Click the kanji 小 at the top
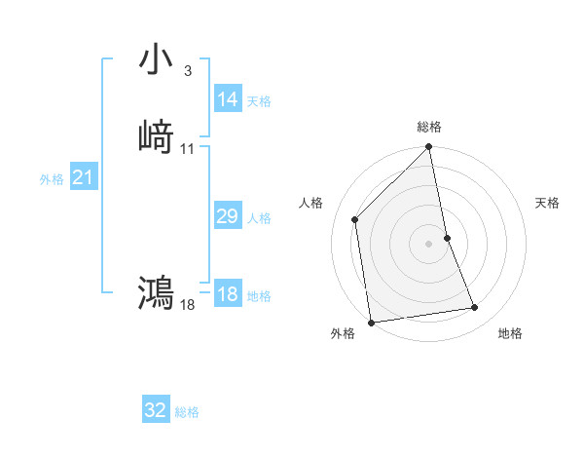point(157,59)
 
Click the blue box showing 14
point(228,99)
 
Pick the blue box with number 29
point(228,217)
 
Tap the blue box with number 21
point(84,177)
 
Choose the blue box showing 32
point(156,410)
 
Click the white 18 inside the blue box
point(228,295)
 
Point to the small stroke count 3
point(187,71)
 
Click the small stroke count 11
point(188,149)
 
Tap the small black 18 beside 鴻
point(188,305)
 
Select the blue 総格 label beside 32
point(187,412)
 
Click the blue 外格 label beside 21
point(52,179)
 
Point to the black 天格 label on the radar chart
point(548,203)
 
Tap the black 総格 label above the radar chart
point(429,127)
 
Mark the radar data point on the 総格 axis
point(429,148)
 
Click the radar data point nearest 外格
point(371,322)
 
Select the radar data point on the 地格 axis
point(475,308)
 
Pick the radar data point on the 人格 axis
point(355,219)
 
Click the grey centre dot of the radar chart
point(429,243)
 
